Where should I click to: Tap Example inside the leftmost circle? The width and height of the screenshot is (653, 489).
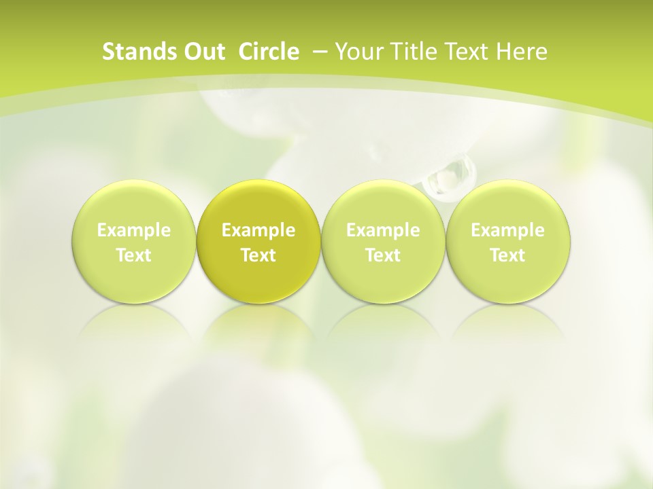pos(133,230)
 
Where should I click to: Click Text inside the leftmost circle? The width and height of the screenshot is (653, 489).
pos(133,255)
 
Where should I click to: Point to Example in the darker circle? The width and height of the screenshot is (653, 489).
pos(258,230)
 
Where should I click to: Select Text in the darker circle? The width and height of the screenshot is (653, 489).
pos(258,255)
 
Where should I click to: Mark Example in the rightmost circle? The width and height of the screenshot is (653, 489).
pos(508,230)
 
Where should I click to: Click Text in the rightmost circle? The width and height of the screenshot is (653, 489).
pos(508,255)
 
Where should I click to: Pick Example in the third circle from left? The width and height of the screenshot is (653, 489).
pos(383,230)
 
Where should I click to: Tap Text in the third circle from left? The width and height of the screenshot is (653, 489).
pos(383,255)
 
